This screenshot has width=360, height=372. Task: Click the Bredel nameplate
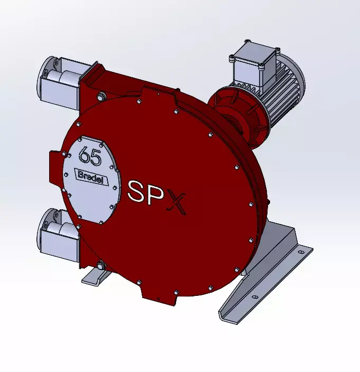pyautogui.click(x=92, y=175)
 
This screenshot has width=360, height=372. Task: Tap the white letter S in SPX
pyautogui.click(x=139, y=191)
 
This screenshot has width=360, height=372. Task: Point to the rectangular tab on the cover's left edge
pyautogui.click(x=55, y=164)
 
